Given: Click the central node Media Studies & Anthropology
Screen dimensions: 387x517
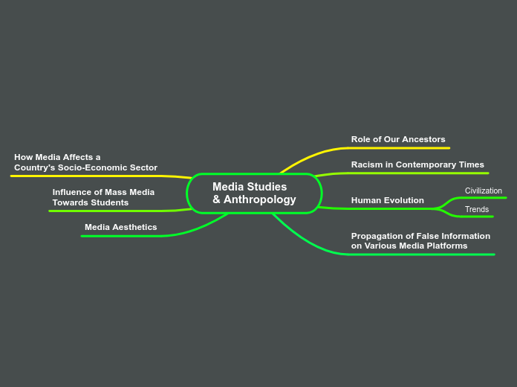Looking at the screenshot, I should [254, 193].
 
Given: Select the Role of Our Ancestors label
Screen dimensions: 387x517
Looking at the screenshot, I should [398, 139].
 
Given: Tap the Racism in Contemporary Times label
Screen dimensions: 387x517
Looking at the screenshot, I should [417, 164].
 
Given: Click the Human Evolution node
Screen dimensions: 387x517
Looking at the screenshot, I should [387, 200].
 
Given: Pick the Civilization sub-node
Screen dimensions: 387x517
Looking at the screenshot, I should [483, 191].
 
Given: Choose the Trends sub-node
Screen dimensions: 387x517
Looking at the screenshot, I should [476, 209].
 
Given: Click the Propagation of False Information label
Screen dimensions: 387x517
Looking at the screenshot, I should [420, 240].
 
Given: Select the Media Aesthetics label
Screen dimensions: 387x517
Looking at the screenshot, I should [120, 227].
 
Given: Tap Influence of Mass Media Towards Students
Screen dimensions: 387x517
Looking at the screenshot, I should [103, 197].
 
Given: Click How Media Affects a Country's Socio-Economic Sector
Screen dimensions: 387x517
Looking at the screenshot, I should [85, 162].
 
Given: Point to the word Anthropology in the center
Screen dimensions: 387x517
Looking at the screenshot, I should [259, 199].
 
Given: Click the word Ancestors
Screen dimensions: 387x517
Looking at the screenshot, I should [423, 139].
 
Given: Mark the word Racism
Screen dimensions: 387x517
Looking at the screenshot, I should [367, 164].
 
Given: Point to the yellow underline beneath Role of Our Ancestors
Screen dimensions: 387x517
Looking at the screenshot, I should [401, 148].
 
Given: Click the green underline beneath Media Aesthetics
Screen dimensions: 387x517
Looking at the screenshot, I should [123, 236].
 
